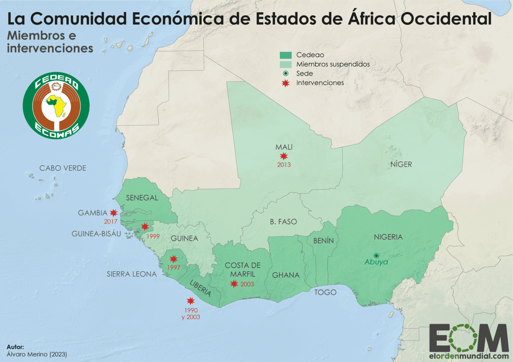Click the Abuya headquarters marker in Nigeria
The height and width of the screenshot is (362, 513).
[x=376, y=256]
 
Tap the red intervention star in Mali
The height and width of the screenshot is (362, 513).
[x=284, y=156]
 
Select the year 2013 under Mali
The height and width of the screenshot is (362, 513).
[x=284, y=164]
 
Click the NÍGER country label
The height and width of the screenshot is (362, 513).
[x=401, y=164]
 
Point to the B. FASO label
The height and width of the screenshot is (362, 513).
[x=283, y=222]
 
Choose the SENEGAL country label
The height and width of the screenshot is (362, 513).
[x=142, y=198]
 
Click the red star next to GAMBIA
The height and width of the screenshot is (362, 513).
[x=114, y=213]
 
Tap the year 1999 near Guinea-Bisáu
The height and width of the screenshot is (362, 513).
[x=153, y=236]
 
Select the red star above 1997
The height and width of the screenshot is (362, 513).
[x=173, y=259]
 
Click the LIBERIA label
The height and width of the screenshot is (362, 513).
[x=200, y=288]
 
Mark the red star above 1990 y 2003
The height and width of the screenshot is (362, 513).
[x=191, y=301]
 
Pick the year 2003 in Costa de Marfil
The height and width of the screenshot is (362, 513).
[x=247, y=284]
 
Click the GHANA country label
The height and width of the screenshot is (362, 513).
[x=286, y=275]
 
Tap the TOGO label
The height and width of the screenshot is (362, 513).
[x=325, y=292]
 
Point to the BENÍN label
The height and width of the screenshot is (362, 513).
[x=323, y=240]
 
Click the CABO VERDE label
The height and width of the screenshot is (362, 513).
[x=63, y=168]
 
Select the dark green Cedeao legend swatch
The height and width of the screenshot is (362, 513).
[x=286, y=55]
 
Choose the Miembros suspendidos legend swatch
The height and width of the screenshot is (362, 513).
[x=286, y=64]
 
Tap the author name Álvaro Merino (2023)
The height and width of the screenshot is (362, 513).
[x=37, y=354]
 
